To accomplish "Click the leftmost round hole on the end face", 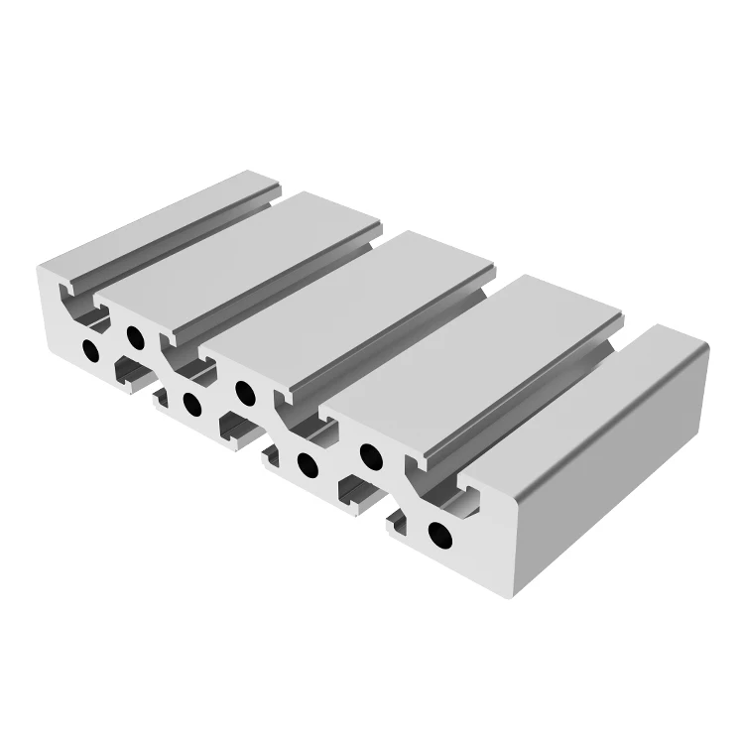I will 91,350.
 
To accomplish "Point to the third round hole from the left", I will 189,402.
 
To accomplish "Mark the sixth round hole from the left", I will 369,455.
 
